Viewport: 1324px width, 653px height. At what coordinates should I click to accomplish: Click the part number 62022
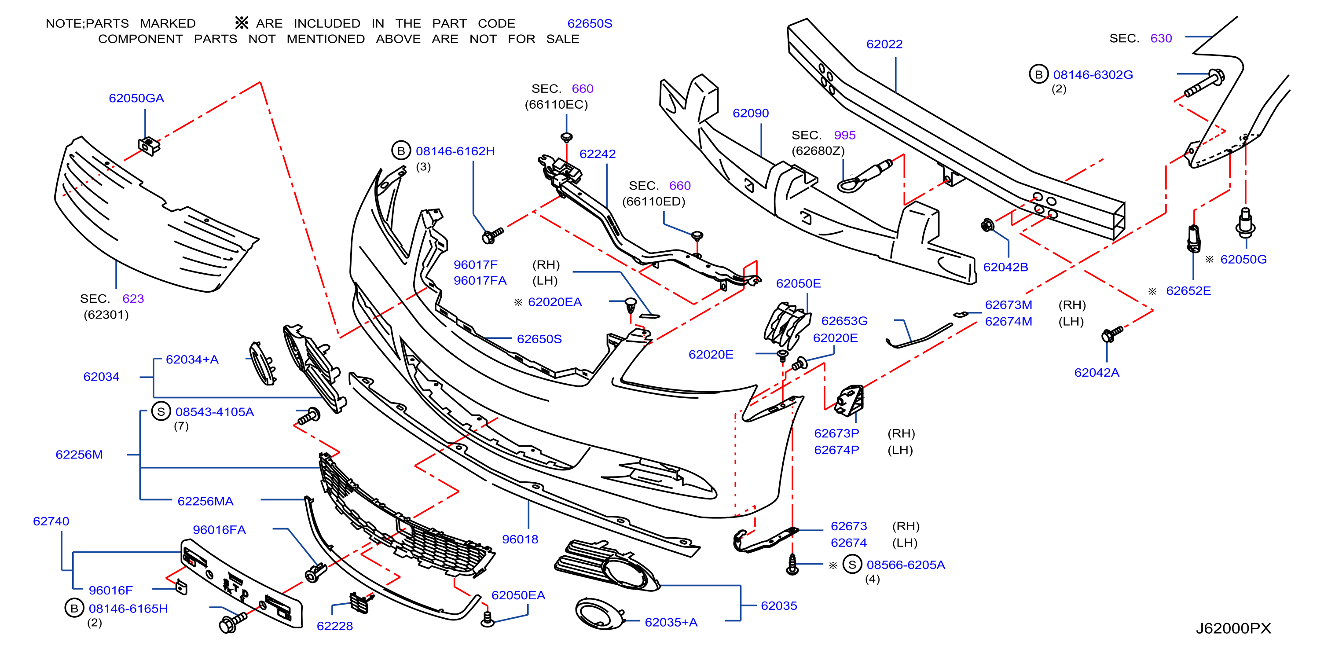pyautogui.click(x=884, y=44)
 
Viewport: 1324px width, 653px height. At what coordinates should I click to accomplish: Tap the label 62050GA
pyautogui.click(x=136, y=98)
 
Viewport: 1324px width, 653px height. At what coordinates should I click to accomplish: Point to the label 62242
pyautogui.click(x=597, y=154)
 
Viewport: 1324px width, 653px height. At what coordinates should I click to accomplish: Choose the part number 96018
pyautogui.click(x=520, y=539)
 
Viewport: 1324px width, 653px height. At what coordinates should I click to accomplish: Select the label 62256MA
pyautogui.click(x=205, y=501)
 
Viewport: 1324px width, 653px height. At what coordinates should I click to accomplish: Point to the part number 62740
pyautogui.click(x=51, y=521)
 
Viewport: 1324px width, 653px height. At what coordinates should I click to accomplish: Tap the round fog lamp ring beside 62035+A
pyautogui.click(x=600, y=614)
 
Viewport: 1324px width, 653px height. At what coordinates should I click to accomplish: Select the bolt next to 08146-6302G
pyautogui.click(x=1204, y=83)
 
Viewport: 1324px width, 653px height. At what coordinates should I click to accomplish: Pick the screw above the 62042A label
pyautogui.click(x=1112, y=334)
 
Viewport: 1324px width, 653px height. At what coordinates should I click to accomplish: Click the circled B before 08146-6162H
pyautogui.click(x=401, y=150)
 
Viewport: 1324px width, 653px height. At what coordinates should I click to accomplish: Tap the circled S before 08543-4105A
pyautogui.click(x=161, y=411)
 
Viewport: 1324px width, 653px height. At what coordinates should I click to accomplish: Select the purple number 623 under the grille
pyautogui.click(x=133, y=299)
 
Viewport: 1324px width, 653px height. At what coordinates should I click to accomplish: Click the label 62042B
pyautogui.click(x=1005, y=268)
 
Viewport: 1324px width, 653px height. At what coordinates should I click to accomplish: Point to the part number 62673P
pyautogui.click(x=836, y=433)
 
